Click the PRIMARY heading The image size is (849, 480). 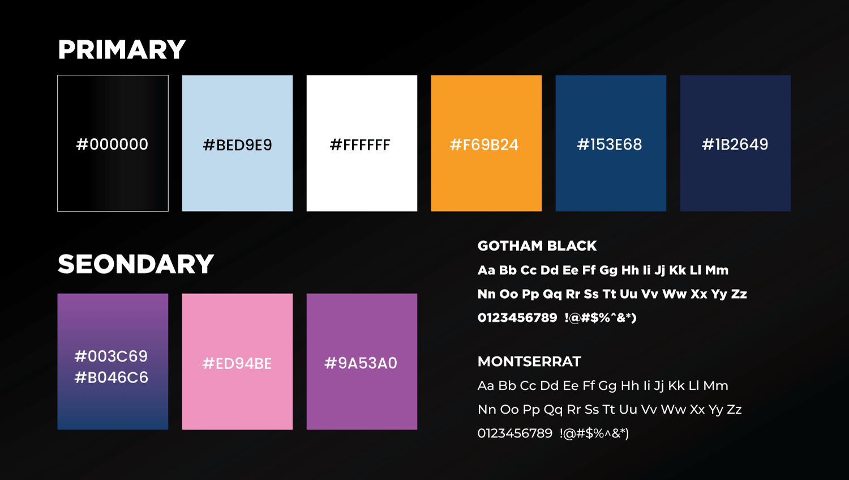click(x=122, y=50)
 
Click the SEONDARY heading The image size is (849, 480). click(x=136, y=264)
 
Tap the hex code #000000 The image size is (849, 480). click(x=112, y=145)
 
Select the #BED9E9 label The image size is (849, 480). click(x=237, y=145)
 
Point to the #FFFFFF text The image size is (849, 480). click(x=360, y=145)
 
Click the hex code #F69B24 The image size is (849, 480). click(x=484, y=145)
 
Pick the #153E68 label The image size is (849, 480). click(x=610, y=145)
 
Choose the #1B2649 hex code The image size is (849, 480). click(x=735, y=145)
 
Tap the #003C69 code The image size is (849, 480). click(x=111, y=356)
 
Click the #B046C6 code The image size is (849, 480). click(x=112, y=377)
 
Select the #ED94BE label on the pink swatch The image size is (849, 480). click(x=237, y=363)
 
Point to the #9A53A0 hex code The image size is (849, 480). click(x=361, y=363)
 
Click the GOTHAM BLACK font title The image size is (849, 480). click(x=537, y=246)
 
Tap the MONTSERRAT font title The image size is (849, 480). click(x=529, y=362)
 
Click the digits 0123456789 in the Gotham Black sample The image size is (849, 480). click(x=517, y=317)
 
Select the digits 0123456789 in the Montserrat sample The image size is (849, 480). click(x=515, y=434)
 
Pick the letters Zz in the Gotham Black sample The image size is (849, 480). click(x=739, y=294)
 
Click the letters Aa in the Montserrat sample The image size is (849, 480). click(x=486, y=386)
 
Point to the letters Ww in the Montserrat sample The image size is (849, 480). click(x=674, y=410)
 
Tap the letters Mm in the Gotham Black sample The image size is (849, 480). click(x=717, y=270)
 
